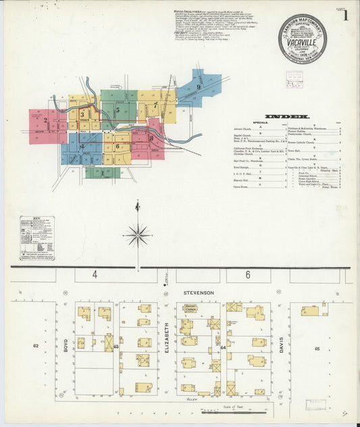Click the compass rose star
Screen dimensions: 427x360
tap(137, 235)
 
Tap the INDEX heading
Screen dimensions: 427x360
tap(287, 116)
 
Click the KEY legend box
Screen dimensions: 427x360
tap(37, 238)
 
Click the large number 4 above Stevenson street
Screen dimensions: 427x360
tap(95, 274)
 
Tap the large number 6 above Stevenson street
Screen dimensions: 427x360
tap(248, 274)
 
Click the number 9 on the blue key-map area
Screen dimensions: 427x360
tap(199, 87)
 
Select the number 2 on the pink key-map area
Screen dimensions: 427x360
tap(45, 120)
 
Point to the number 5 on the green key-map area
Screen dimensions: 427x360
tap(118, 109)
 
